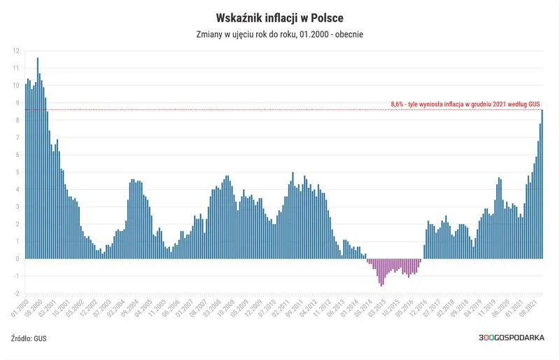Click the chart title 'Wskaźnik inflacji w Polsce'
coord(279,15)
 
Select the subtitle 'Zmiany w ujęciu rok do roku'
coord(252,34)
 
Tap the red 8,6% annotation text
coord(465,104)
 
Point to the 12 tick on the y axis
coord(15,50)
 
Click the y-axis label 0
coord(17,259)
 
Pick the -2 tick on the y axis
coord(15,293)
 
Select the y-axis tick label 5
coord(17,172)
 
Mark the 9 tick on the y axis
coord(17,103)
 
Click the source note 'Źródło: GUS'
coord(29,338)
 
